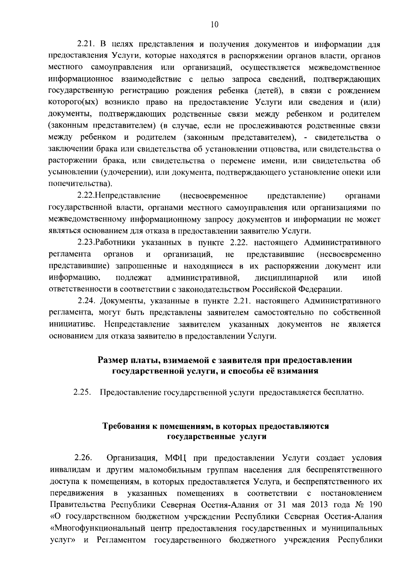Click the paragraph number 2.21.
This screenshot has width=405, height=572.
point(87,45)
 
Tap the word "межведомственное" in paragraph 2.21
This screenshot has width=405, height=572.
point(345,68)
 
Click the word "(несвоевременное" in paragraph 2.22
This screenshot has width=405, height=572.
point(214,196)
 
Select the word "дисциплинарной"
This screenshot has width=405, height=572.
point(287,278)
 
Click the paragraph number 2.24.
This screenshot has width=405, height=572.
point(87,301)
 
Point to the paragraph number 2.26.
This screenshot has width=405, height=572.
point(83,458)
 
